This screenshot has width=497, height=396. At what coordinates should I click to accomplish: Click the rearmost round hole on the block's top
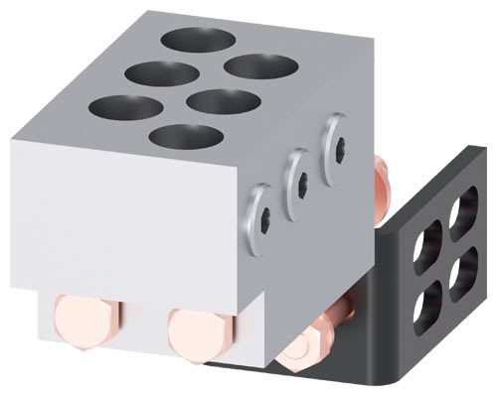click(199, 41)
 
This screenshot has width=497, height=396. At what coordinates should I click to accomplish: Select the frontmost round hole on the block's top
click(186, 136)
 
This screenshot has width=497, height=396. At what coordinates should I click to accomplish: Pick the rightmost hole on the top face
click(261, 66)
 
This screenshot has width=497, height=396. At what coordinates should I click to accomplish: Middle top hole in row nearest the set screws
click(223, 101)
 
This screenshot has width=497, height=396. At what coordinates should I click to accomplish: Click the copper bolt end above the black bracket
click(381, 174)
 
